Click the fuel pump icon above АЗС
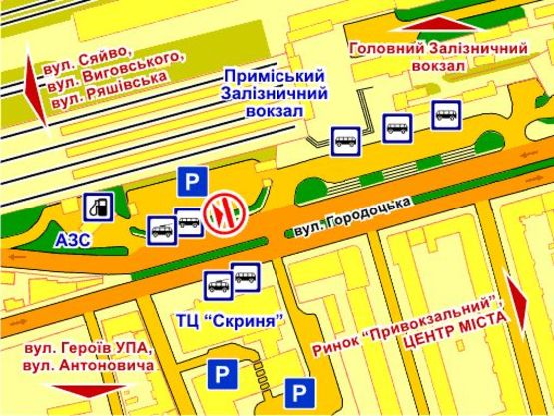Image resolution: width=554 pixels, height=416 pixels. pyautogui.click(x=98, y=208)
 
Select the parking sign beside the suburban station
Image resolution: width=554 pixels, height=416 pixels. pyautogui.click(x=191, y=182)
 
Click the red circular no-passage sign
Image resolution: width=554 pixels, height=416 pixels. pyautogui.click(x=221, y=211)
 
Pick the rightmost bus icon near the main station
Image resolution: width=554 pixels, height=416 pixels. pyautogui.click(x=445, y=115)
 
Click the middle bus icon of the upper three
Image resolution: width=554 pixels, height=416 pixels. pyautogui.click(x=397, y=127)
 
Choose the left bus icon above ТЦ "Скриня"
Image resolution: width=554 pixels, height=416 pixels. pyautogui.click(x=218, y=286)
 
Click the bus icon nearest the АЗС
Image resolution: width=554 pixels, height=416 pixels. pyautogui.click(x=161, y=232)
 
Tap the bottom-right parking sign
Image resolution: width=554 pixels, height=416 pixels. pyautogui.click(x=300, y=391)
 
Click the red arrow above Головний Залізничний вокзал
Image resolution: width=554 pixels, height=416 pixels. pyautogui.click(x=435, y=23)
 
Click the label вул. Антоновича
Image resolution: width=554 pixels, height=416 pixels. pyautogui.click(x=91, y=367)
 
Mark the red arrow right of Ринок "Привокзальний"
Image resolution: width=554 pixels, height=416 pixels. pyautogui.click(x=516, y=303)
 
